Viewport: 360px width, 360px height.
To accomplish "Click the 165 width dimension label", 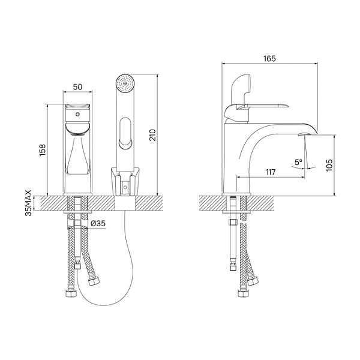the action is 269,58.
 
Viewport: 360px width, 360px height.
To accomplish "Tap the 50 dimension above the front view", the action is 77,87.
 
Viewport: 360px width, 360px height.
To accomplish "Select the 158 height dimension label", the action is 43,150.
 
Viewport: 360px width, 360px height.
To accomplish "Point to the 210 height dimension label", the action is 152,135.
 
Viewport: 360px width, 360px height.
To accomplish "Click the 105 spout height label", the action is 329,165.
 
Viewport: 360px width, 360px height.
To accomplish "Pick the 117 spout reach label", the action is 271,172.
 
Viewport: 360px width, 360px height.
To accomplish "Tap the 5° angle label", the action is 299,163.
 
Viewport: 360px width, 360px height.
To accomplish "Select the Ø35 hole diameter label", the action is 98,223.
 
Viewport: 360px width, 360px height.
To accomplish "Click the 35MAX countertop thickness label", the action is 28,203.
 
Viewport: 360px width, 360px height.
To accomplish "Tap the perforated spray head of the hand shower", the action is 125,83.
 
